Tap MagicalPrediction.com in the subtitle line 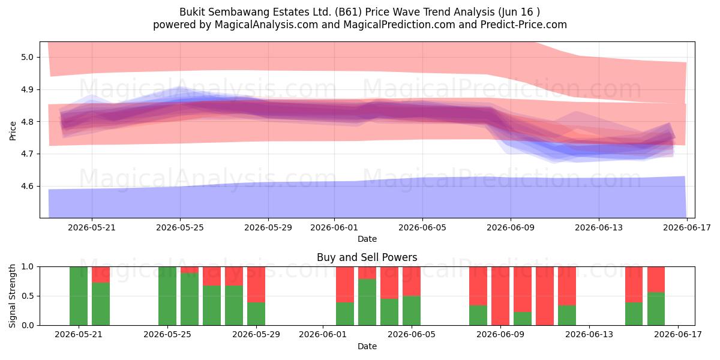pyautogui.click(x=399, y=25)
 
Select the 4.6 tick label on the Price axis pyautogui.click(x=28, y=187)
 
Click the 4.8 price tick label pyautogui.click(x=28, y=122)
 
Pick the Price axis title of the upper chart pyautogui.click(x=13, y=131)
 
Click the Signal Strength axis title pyautogui.click(x=12, y=296)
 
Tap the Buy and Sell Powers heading pyautogui.click(x=367, y=257)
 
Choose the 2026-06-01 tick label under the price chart pyautogui.click(x=334, y=227)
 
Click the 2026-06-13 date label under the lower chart pyautogui.click(x=589, y=334)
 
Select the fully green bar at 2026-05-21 pyautogui.click(x=79, y=296)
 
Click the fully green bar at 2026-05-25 pyautogui.click(x=167, y=296)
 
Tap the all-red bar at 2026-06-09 pyautogui.click(x=500, y=296)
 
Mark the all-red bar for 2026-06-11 pyautogui.click(x=545, y=296)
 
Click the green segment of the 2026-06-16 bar pyautogui.click(x=656, y=308)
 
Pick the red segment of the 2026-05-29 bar pyautogui.click(x=256, y=284)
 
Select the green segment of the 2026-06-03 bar pyautogui.click(x=367, y=302)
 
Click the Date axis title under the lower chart pyautogui.click(x=367, y=346)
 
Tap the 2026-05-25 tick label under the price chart pyautogui.click(x=180, y=227)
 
